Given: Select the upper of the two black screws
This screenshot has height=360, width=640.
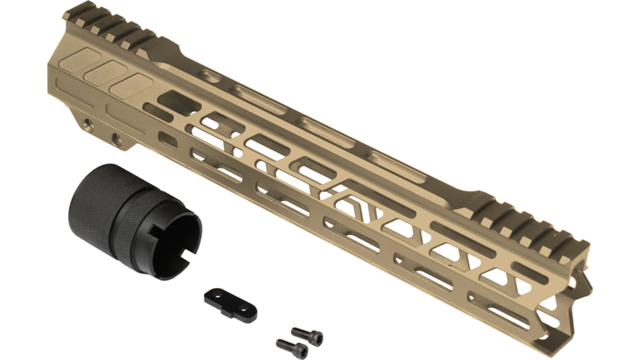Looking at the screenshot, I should click(x=307, y=336).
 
